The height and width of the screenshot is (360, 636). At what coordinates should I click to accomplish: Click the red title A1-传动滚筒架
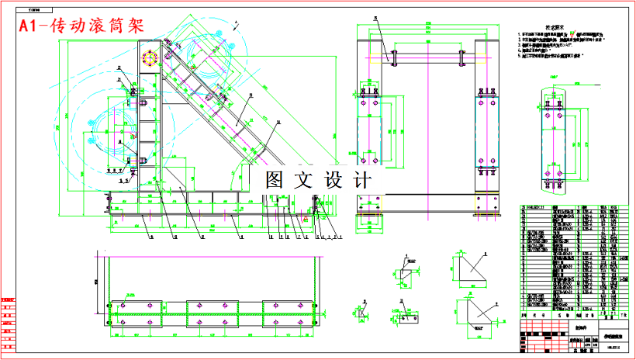point(82,26)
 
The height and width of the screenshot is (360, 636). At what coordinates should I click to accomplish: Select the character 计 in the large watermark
point(361,180)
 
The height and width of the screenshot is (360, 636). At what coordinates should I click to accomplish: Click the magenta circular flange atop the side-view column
point(150,59)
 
